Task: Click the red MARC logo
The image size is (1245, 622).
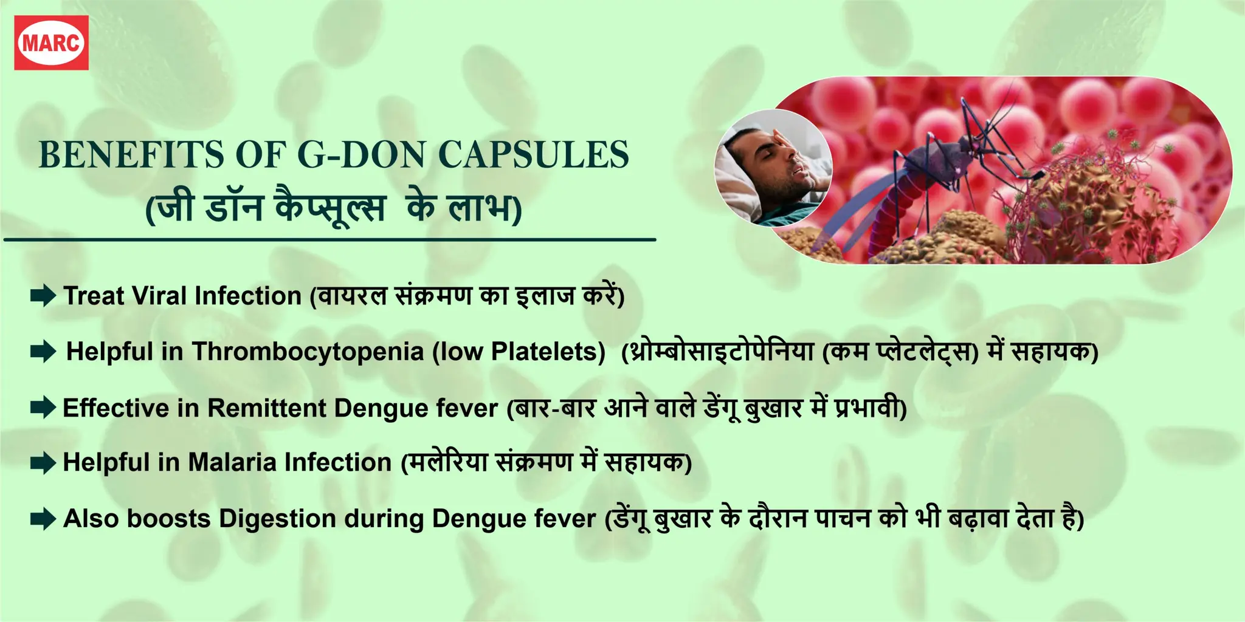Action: (x=52, y=43)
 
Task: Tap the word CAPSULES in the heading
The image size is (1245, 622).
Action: (x=533, y=155)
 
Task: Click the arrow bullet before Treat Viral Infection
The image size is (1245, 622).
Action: (x=43, y=296)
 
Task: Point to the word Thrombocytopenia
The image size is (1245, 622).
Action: (x=308, y=352)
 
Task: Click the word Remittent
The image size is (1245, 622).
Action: (x=267, y=408)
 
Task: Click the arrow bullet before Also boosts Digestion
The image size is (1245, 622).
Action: (x=43, y=519)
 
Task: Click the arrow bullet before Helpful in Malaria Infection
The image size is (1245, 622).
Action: (x=43, y=463)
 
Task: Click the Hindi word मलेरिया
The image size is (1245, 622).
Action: (x=449, y=463)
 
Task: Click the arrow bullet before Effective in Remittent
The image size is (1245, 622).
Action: (x=43, y=408)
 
